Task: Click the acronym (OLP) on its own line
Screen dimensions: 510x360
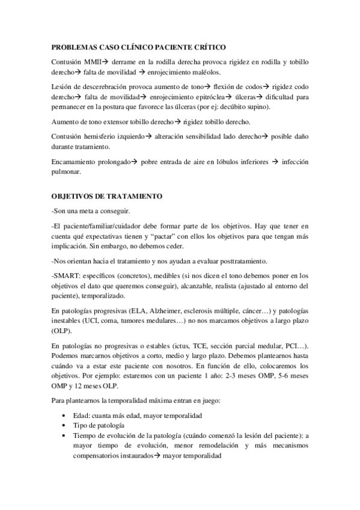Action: [61, 331]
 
